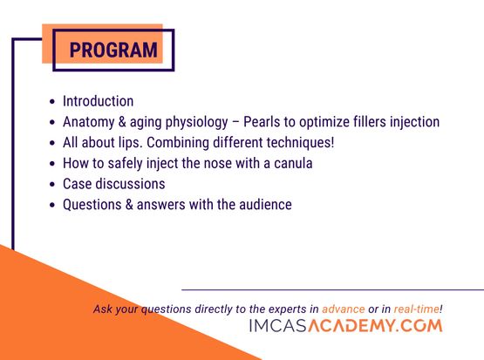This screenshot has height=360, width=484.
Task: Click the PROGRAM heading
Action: click(x=113, y=50)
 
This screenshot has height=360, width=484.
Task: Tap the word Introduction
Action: click(x=99, y=101)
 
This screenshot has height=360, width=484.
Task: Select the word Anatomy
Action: click(x=89, y=122)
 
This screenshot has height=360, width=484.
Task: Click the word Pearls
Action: click(x=262, y=121)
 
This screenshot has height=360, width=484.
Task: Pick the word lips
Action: click(x=131, y=143)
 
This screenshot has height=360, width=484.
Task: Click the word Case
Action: click(x=77, y=184)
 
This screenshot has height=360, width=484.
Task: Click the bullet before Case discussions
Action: click(x=52, y=185)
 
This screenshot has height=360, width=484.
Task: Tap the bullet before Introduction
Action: click(x=52, y=101)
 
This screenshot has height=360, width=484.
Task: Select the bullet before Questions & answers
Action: click(x=52, y=205)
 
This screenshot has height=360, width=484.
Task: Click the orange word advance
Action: click(x=344, y=309)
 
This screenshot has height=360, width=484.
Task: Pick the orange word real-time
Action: click(x=417, y=309)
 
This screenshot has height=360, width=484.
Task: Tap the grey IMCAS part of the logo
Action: click(x=278, y=326)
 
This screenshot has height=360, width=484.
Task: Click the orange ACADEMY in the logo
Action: click(x=351, y=326)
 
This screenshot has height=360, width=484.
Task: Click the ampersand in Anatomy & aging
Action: click(x=122, y=122)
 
